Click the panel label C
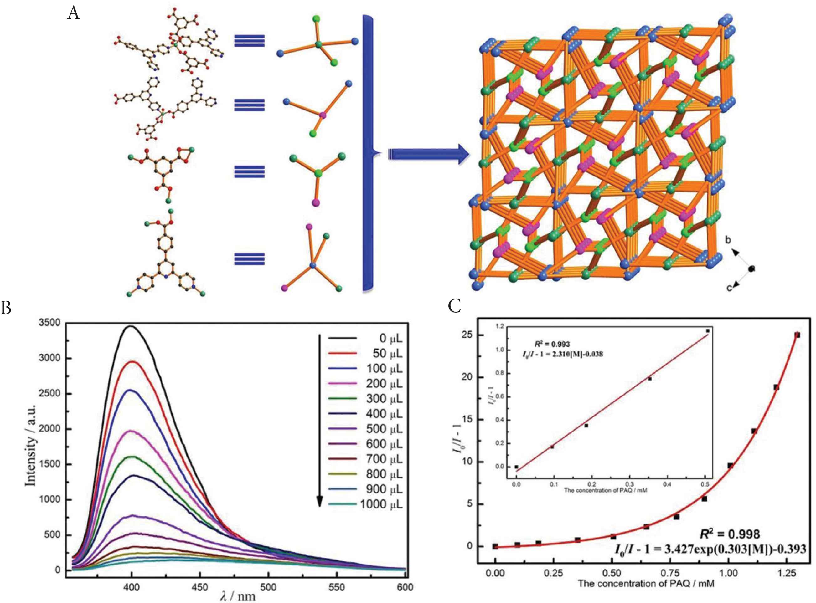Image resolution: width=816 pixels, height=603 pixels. (x=454, y=307)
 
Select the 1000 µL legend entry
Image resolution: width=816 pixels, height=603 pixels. (x=381, y=504)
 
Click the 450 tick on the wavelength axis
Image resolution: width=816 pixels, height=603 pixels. (x=200, y=587)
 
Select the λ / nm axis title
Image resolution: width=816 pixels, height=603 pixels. (x=237, y=597)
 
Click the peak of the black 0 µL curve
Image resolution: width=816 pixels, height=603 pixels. (x=131, y=326)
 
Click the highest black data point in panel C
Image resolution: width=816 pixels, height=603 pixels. (x=798, y=335)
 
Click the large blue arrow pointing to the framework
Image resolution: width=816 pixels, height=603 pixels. (x=428, y=154)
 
